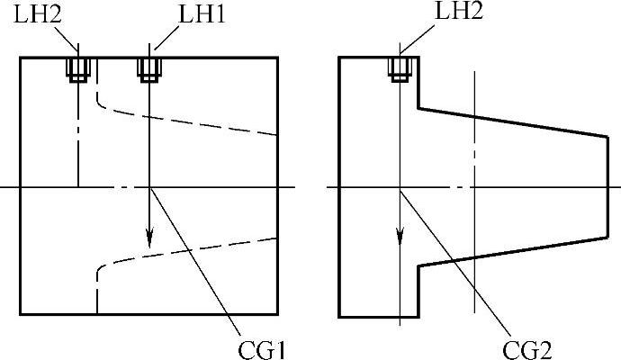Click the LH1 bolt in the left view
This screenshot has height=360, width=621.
(148, 68)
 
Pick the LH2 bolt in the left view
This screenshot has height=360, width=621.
(78, 68)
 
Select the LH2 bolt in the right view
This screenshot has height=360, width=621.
(400, 68)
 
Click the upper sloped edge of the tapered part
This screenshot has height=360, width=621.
(513, 122)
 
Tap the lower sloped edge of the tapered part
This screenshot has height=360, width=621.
(513, 252)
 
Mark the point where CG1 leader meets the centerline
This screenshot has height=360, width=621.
(149, 187)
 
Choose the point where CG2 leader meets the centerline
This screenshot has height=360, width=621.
(400, 187)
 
